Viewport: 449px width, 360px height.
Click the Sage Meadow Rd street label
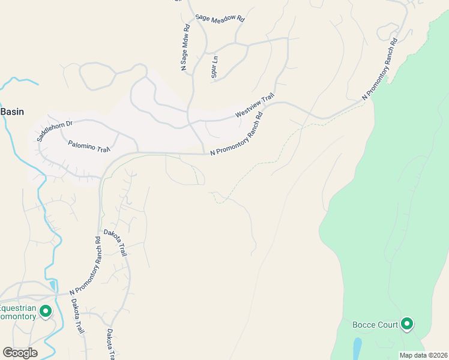pos(220,19)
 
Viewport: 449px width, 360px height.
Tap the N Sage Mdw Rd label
pos(186,48)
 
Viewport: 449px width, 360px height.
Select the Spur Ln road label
pos(214,67)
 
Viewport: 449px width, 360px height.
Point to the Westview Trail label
pos(255,105)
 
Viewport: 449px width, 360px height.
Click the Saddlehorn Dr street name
pos(54,130)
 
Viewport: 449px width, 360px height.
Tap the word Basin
pos(12,112)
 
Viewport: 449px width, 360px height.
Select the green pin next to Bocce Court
pos(408,325)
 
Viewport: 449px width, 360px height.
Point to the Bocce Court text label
pos(376,325)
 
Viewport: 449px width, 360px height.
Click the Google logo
pos(20,353)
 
